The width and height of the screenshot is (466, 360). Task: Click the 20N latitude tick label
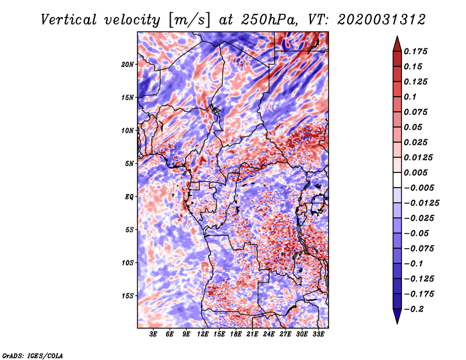pos(128,65)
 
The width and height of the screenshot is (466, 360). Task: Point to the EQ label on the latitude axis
pos(129,197)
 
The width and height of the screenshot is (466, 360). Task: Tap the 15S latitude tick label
pos(128,296)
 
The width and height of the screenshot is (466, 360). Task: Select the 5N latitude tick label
pos(129,164)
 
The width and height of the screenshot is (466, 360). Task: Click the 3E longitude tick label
pos(153,334)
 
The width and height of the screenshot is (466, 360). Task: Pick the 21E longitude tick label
pos(252,334)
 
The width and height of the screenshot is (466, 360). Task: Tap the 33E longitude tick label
pos(318,334)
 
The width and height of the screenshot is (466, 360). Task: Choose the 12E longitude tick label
pos(203,334)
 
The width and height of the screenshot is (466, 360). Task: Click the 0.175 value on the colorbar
pos(415,51)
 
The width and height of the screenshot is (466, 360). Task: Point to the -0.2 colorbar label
pos(414,309)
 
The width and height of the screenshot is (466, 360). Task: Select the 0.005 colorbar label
pos(415,172)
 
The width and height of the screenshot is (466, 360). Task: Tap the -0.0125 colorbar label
pos(421,203)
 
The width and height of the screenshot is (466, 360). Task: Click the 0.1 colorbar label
pos(410,97)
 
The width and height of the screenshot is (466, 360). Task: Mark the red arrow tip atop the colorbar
pos(397,36)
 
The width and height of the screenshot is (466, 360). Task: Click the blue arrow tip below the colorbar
pos(397,323)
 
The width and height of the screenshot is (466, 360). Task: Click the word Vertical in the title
pos(68,20)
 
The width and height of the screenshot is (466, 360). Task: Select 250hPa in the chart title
pos(269,20)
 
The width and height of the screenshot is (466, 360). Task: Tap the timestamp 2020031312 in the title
pos(382,20)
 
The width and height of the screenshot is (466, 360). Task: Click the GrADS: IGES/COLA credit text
pos(33,356)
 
